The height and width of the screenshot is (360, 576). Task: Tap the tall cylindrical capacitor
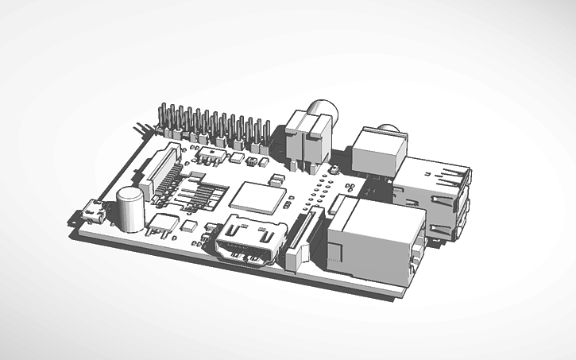point(130,208)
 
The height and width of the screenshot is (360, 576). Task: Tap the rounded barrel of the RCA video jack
point(324,110)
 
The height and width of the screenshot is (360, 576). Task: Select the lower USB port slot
point(445,219)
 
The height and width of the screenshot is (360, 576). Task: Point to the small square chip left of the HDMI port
point(188,226)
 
